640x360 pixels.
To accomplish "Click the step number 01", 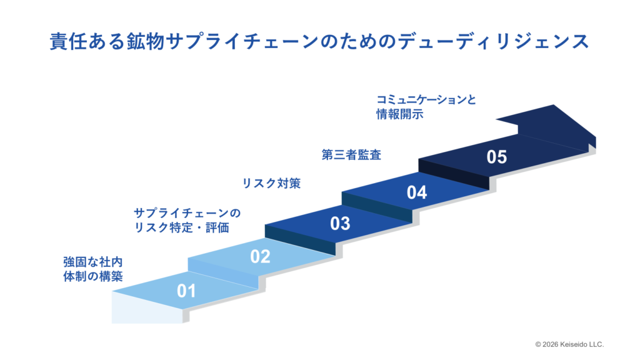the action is coord(186,291).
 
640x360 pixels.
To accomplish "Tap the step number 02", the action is coord(260,256).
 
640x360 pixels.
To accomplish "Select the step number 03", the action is coord(340,224).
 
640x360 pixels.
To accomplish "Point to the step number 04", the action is coord(417,192).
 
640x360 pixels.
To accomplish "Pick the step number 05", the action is coord(497,157).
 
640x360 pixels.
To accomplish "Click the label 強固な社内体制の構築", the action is coord(93,269).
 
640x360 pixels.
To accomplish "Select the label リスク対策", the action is coord(271,183).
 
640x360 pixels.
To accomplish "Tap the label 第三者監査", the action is coord(351,155).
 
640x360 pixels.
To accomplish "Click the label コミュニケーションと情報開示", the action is coord(426,107).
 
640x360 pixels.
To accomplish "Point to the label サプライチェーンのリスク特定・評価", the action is coord(187,221).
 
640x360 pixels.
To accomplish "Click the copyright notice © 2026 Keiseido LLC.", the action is coord(569,344).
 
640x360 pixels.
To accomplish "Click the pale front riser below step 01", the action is coord(147,307).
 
